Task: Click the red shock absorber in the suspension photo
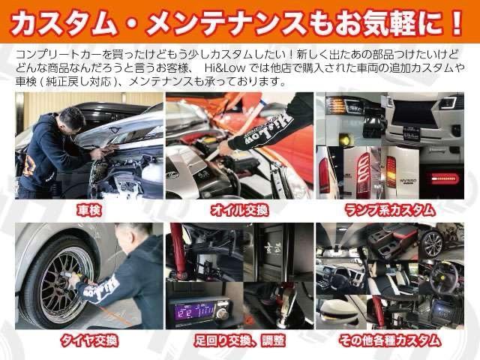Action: (181, 255)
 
